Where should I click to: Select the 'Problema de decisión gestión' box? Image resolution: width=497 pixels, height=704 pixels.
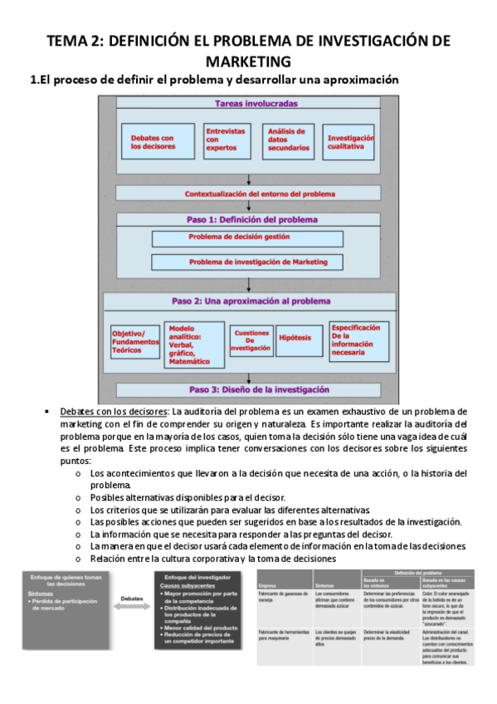pos(247,238)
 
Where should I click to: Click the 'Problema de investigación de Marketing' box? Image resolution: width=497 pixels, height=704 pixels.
pos(247,262)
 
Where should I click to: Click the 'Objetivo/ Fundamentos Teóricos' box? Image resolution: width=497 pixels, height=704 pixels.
pos(134,340)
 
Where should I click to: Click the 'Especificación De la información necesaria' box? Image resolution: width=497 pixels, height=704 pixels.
pos(358,340)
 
